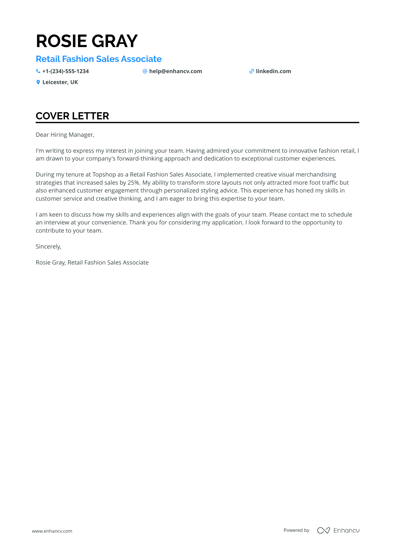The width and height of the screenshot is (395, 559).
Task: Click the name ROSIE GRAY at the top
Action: pos(87,41)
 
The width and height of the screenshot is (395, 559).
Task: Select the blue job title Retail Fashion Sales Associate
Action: pos(99,59)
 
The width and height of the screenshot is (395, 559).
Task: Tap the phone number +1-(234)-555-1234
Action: pos(65,71)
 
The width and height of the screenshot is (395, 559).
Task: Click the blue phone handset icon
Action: pos(38,71)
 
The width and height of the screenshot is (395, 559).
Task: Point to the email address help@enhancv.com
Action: pos(175,71)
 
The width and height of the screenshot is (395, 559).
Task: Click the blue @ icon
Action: pos(145,71)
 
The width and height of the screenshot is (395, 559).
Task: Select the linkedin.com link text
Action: pos(273,71)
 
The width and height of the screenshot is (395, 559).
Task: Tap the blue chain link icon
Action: pos(252,71)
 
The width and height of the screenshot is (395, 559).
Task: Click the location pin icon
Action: pos(38,82)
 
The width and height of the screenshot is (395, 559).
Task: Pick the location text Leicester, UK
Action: pos(60,82)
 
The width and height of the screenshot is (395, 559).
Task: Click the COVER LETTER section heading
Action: pos(72,116)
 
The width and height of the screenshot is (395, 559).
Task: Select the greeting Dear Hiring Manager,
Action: pos(65,135)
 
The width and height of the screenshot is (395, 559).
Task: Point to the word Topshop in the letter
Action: pos(104,175)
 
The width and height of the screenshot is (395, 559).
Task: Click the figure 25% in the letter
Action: pos(134,183)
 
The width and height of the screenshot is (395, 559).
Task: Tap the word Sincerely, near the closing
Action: pos(48,247)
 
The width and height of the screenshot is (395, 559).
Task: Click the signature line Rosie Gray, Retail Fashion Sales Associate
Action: pos(92,263)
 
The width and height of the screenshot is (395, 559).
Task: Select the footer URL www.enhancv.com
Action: pos(52,531)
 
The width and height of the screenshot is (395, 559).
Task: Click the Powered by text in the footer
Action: pos(296,530)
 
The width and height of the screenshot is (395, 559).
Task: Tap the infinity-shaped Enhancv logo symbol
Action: pos(323,530)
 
